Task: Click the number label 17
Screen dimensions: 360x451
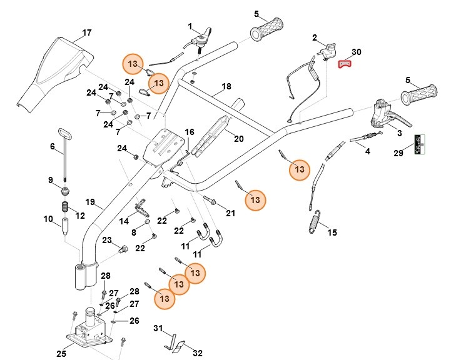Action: [x=86, y=32]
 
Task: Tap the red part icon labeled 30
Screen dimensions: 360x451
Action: [x=344, y=62]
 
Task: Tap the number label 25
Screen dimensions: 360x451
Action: [x=61, y=354]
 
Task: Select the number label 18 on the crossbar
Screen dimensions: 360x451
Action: [x=226, y=86]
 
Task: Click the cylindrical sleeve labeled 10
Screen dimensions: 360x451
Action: [x=64, y=224]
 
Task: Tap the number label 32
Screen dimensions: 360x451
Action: [x=198, y=353]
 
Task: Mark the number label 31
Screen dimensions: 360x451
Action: [x=158, y=328]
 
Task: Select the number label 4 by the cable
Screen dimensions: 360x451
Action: [x=367, y=151]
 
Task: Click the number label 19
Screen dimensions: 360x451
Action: [x=90, y=202]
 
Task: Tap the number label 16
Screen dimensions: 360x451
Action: [x=190, y=132]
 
